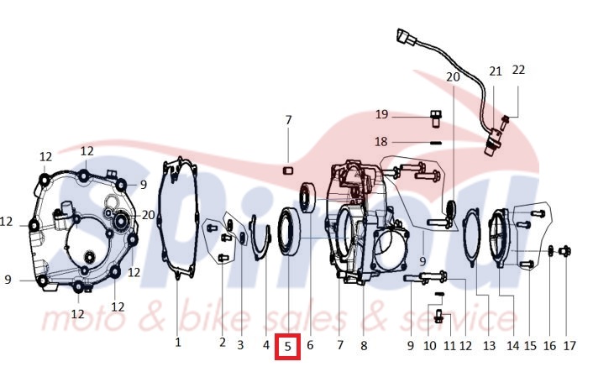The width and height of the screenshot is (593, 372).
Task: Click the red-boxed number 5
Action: pos(287,346)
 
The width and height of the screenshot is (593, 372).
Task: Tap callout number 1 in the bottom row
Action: pos(178,343)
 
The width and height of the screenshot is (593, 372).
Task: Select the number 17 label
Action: pos(569,345)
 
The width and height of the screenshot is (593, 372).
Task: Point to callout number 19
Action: pos(381,114)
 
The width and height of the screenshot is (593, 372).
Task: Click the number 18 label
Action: pos(380,142)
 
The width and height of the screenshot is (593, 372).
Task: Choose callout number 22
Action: pos(518,70)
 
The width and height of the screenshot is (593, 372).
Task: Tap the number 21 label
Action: pos(495,71)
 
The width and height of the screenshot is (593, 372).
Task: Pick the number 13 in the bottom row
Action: pos(489,345)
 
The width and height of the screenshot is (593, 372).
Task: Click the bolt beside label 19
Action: pos(436,118)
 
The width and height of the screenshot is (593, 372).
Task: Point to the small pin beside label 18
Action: pos(435,143)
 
